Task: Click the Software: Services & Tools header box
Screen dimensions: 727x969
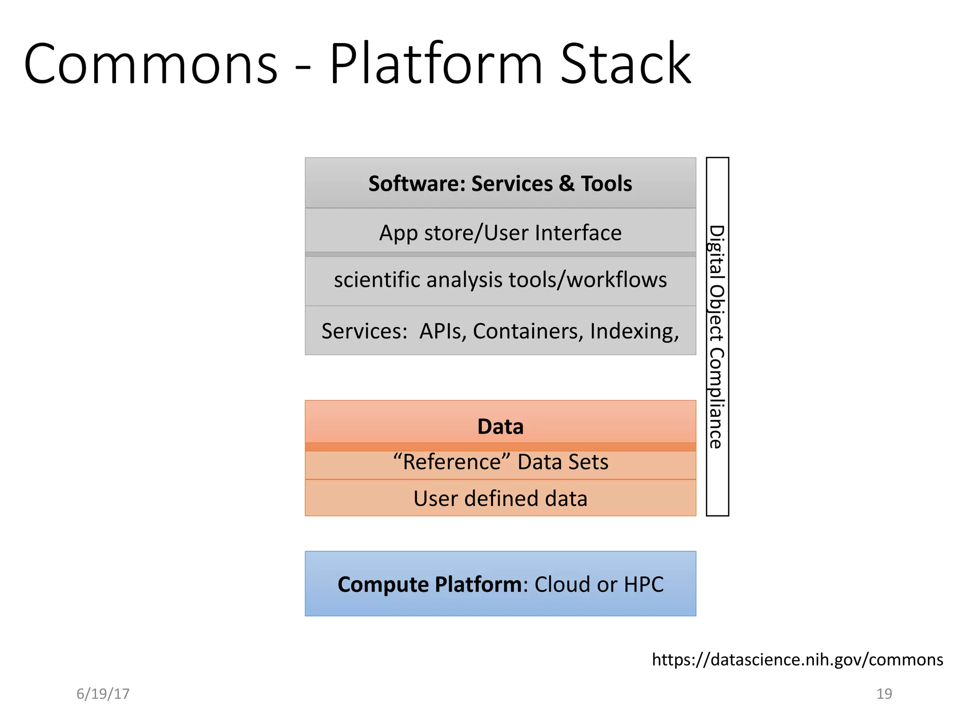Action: click(x=500, y=184)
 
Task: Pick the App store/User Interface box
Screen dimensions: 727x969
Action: click(x=500, y=233)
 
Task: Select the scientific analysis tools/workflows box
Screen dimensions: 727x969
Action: click(x=500, y=280)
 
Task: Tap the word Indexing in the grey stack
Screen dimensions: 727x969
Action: click(x=634, y=331)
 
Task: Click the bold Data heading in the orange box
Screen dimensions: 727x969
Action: click(x=500, y=426)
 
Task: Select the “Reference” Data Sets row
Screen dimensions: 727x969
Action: click(x=500, y=462)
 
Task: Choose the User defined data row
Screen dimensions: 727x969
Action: click(x=500, y=498)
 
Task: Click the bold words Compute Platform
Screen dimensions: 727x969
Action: click(x=430, y=585)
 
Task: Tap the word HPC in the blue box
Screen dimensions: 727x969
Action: click(x=643, y=585)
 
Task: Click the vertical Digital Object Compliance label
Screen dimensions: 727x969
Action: click(x=717, y=337)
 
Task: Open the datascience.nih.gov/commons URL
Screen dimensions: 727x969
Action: click(x=797, y=659)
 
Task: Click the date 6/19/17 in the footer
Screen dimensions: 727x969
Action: click(x=103, y=694)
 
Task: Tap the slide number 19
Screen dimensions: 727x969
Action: click(x=884, y=694)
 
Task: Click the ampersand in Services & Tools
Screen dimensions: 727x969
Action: click(x=566, y=184)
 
